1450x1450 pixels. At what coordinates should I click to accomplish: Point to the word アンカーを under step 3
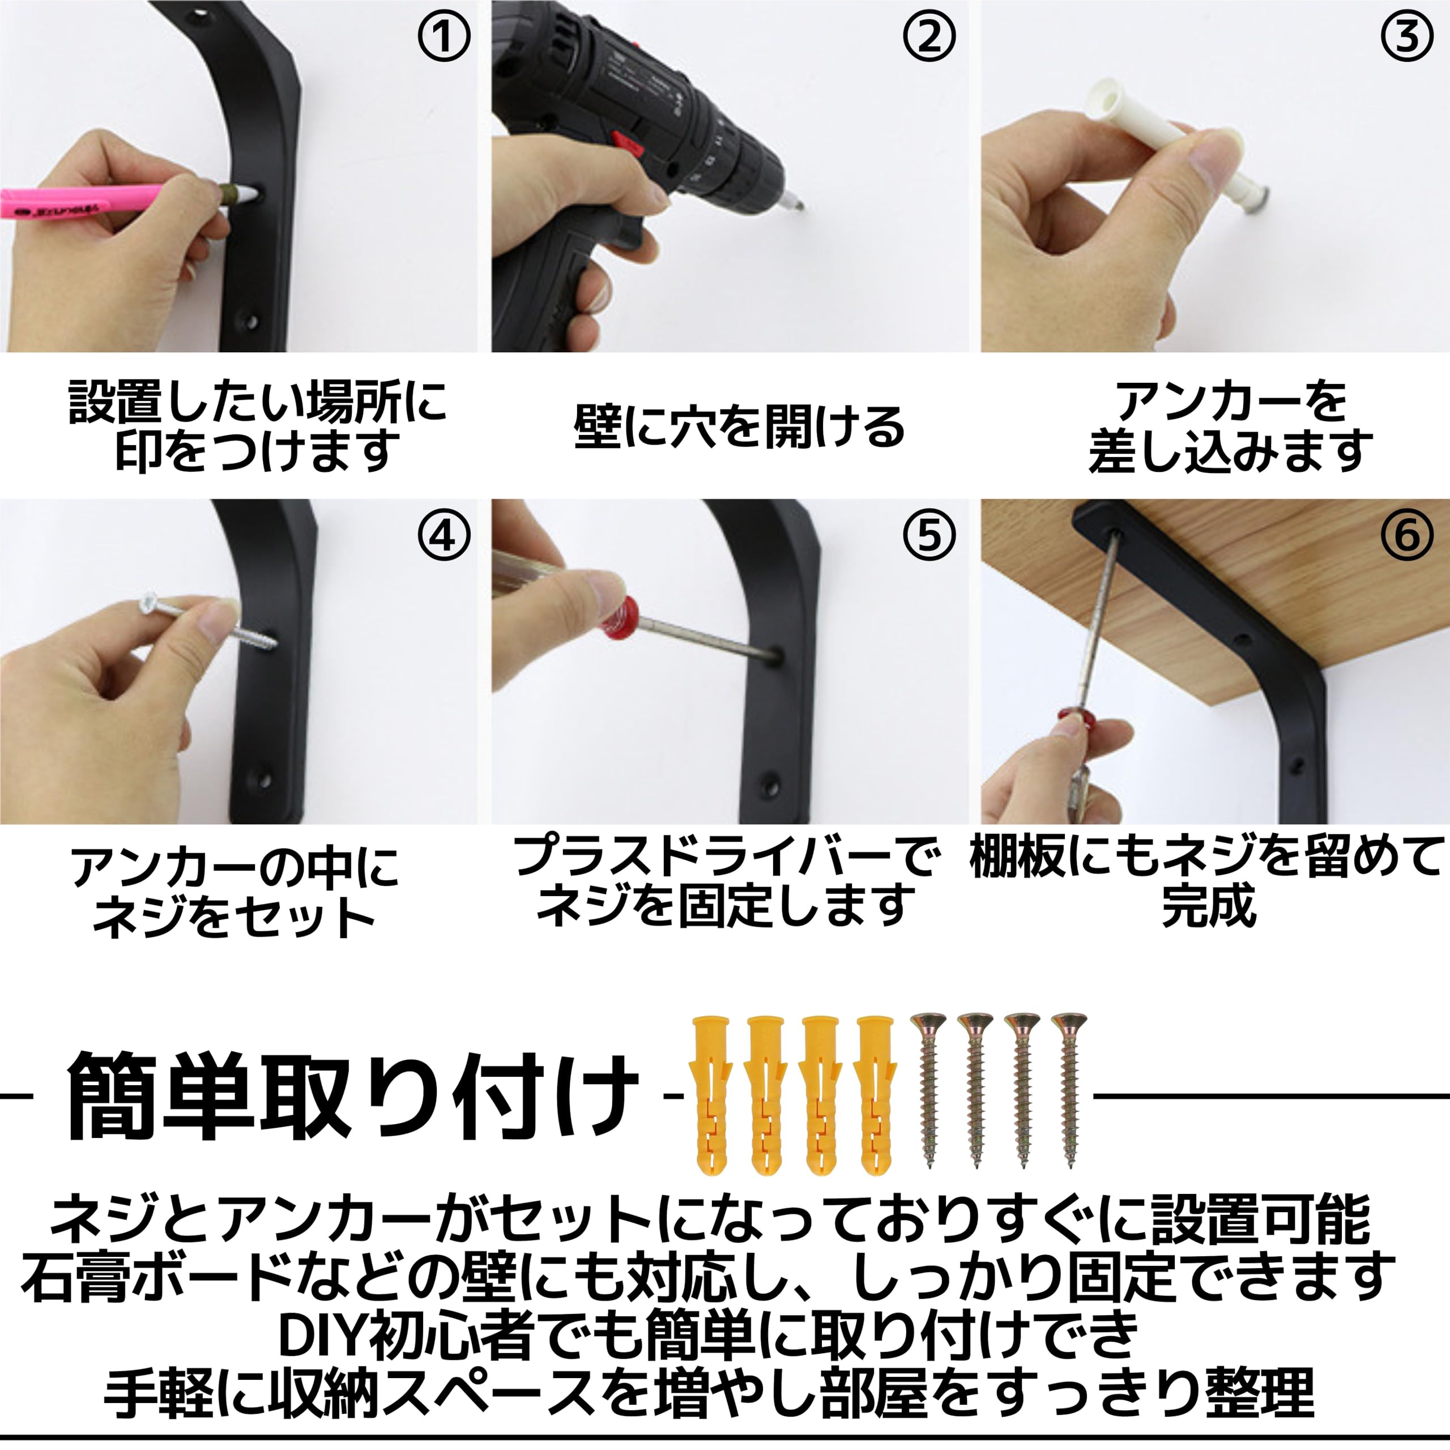(x=1231, y=402)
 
